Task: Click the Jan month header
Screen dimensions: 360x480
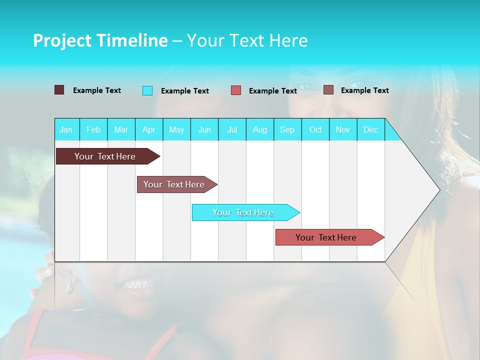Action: coord(66,129)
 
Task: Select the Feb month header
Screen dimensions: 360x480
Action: coord(93,129)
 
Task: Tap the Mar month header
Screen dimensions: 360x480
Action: coord(121,129)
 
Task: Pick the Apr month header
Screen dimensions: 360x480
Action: coord(149,129)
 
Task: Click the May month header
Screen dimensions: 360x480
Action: coord(176,129)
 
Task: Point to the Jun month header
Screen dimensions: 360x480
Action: coord(204,129)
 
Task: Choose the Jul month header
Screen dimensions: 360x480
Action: coord(232,129)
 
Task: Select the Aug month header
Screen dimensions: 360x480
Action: coord(260,129)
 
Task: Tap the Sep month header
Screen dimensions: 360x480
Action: coord(287,129)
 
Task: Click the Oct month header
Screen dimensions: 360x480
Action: coord(315,129)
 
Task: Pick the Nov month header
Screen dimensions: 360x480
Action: coord(343,129)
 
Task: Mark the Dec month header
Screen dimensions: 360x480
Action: coord(371,129)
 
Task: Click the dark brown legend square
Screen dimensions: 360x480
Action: coord(59,90)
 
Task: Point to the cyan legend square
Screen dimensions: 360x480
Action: coord(147,90)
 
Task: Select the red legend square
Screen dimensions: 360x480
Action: coord(236,90)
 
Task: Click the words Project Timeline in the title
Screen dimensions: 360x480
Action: coord(100,40)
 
